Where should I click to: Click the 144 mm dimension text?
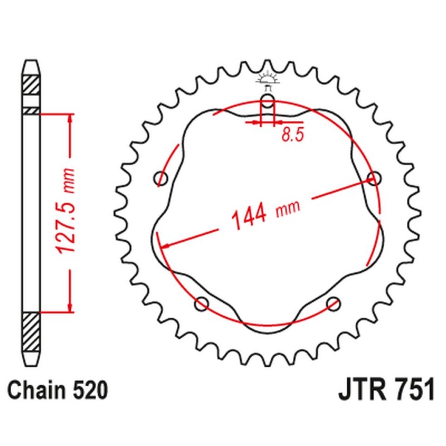tap(265, 213)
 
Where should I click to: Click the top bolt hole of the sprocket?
tap(268, 103)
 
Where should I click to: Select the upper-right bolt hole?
tap(374, 178)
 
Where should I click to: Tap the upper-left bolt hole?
tap(162, 179)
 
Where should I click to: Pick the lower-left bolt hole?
tap(202, 304)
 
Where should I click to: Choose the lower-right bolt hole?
tap(333, 304)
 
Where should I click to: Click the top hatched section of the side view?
tap(31, 86)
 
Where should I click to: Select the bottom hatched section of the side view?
tap(31, 331)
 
